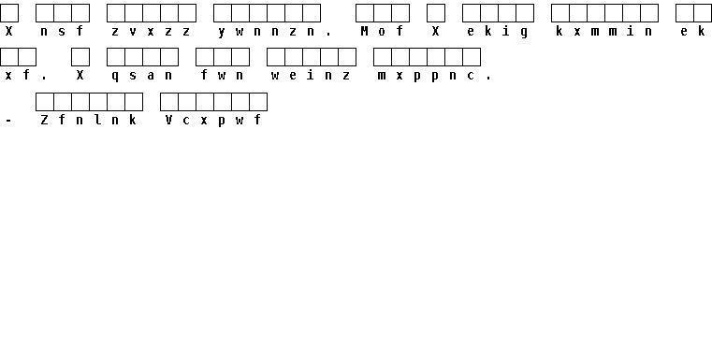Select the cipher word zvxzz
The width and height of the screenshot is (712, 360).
(x=151, y=31)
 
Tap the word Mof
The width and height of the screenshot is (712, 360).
(x=382, y=31)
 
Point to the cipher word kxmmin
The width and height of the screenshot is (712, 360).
(x=604, y=31)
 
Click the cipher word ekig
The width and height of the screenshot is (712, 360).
(x=498, y=32)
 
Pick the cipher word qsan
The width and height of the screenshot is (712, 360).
(x=141, y=76)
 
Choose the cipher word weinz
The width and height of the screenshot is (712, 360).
(x=311, y=75)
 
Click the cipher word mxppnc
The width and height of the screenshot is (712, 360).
(x=427, y=76)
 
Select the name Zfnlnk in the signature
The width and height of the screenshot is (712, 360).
(x=89, y=120)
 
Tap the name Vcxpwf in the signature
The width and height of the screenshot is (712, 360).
(x=213, y=121)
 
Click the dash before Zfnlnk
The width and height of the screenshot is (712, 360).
(x=8, y=122)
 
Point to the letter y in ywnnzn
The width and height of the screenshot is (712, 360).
(x=222, y=32)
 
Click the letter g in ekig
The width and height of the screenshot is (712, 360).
(x=525, y=32)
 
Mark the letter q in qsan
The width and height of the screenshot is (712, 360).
(x=115, y=77)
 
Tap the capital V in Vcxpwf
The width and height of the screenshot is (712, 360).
(x=168, y=120)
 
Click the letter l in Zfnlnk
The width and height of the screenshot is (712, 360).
(x=97, y=120)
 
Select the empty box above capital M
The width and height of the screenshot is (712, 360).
(x=365, y=13)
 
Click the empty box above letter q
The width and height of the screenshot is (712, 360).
(x=116, y=57)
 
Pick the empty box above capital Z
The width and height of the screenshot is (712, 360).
(x=45, y=102)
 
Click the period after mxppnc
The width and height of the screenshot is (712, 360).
(x=488, y=79)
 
